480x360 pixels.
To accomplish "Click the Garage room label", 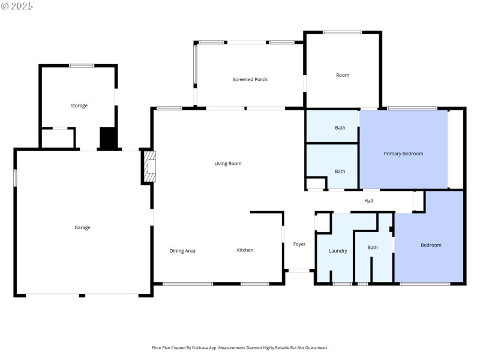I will pyautogui.click(x=82, y=227).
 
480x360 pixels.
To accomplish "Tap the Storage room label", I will pyautogui.click(x=79, y=106).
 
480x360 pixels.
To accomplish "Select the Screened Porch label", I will pyautogui.click(x=250, y=79).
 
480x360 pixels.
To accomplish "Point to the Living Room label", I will pyautogui.click(x=228, y=163).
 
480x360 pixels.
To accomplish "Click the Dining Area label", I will pyautogui.click(x=182, y=250).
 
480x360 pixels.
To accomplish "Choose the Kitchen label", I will pyautogui.click(x=245, y=250).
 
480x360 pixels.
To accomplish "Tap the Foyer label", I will pyautogui.click(x=299, y=244).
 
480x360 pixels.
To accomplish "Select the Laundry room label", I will pyautogui.click(x=338, y=251).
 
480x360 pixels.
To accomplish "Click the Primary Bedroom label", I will pyautogui.click(x=403, y=154).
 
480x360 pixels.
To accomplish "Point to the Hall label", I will pyautogui.click(x=368, y=201).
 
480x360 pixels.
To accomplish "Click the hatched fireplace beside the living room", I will pyautogui.click(x=149, y=166).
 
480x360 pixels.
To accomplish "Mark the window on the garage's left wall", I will pyautogui.click(x=15, y=178).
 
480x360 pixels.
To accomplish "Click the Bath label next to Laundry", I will pyautogui.click(x=373, y=247).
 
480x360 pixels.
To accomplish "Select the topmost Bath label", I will pyautogui.click(x=340, y=127).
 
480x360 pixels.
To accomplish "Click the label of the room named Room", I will pyautogui.click(x=342, y=75).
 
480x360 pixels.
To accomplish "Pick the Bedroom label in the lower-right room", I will pyautogui.click(x=431, y=245).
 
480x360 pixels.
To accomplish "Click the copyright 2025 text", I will pyautogui.click(x=17, y=5).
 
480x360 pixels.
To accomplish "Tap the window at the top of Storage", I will pyautogui.click(x=81, y=65).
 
